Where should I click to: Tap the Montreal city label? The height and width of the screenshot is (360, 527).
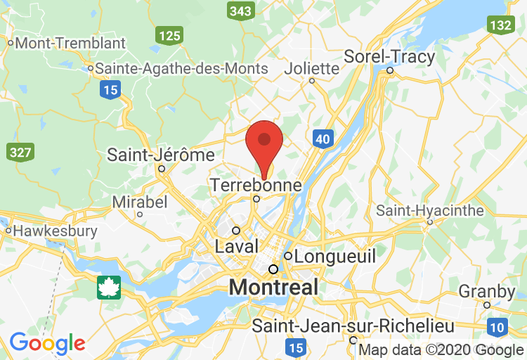[x=274, y=287]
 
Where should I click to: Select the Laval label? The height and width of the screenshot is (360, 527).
[x=237, y=247]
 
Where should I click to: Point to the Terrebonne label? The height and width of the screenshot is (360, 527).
[x=256, y=185]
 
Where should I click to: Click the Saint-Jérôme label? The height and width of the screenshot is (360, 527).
[x=160, y=155]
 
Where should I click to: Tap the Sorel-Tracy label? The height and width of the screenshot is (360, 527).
[x=389, y=56]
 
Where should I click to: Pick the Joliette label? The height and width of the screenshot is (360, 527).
[x=312, y=68]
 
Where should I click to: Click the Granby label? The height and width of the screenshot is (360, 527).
[x=487, y=291]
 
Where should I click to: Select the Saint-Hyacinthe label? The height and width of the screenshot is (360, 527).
[x=430, y=210]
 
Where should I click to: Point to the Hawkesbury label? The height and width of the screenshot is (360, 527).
[x=55, y=231]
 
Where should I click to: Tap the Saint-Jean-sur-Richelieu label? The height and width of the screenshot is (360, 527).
[x=353, y=326]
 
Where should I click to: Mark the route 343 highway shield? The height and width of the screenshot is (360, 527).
[x=240, y=11]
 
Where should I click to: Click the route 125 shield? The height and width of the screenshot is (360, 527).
[x=170, y=35]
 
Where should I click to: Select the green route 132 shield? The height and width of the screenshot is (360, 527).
[x=500, y=25]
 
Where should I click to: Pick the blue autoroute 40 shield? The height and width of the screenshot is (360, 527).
[x=323, y=139]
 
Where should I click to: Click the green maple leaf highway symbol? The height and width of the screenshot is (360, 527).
[x=109, y=287]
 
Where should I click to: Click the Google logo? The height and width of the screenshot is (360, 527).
[x=47, y=343]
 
